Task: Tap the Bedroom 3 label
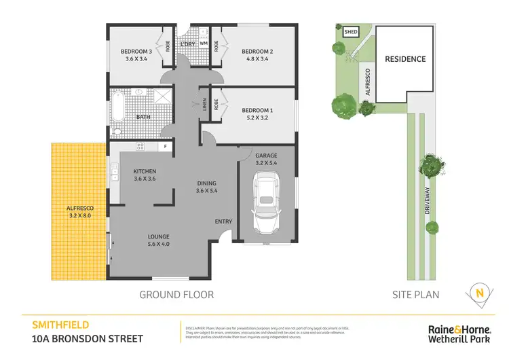pyautogui.click(x=136, y=51)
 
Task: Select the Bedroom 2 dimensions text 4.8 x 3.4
pyautogui.click(x=257, y=59)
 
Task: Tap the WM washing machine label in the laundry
pyautogui.click(x=203, y=43)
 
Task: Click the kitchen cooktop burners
pyautogui.click(x=141, y=146)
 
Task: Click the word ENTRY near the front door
pyautogui.click(x=223, y=221)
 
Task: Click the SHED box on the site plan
pyautogui.click(x=351, y=32)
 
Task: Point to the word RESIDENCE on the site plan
pyautogui.click(x=405, y=59)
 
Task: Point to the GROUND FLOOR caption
pyautogui.click(x=176, y=294)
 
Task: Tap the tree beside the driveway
pyautogui.click(x=432, y=165)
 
